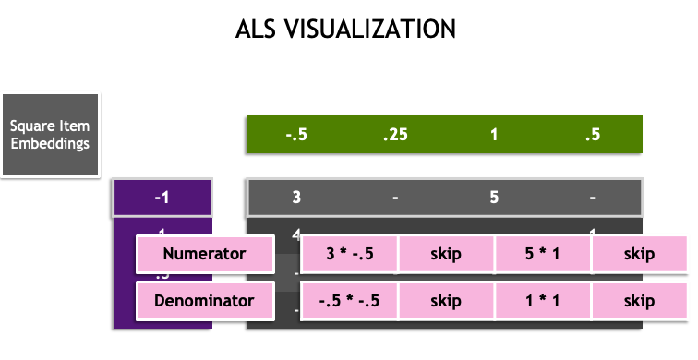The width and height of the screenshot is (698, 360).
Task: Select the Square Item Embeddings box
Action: [50, 135]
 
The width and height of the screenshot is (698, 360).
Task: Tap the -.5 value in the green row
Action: [296, 135]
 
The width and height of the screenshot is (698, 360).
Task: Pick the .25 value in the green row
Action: [395, 135]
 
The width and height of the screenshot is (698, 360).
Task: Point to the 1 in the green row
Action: [494, 135]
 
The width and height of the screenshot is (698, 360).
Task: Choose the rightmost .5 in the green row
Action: [593, 135]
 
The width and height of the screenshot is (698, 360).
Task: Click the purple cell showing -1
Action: [162, 197]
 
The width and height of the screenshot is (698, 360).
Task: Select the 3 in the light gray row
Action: [296, 197]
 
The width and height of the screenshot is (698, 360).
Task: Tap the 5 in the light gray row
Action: [494, 197]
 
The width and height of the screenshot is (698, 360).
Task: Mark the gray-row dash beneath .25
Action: [395, 197]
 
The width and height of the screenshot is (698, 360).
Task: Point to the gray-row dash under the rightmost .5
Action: [593, 197]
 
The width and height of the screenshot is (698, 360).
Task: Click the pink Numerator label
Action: [204, 254]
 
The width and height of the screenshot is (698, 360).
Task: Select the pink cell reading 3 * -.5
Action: [349, 254]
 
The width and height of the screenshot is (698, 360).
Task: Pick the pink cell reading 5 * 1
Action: [542, 254]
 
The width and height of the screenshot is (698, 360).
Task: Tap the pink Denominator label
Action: [204, 301]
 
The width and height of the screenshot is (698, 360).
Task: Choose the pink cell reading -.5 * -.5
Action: [349, 301]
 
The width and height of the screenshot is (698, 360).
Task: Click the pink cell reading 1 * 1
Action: [542, 301]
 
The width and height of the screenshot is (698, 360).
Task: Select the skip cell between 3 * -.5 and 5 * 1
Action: [446, 254]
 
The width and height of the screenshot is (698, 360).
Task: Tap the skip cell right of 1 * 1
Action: [639, 301]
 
